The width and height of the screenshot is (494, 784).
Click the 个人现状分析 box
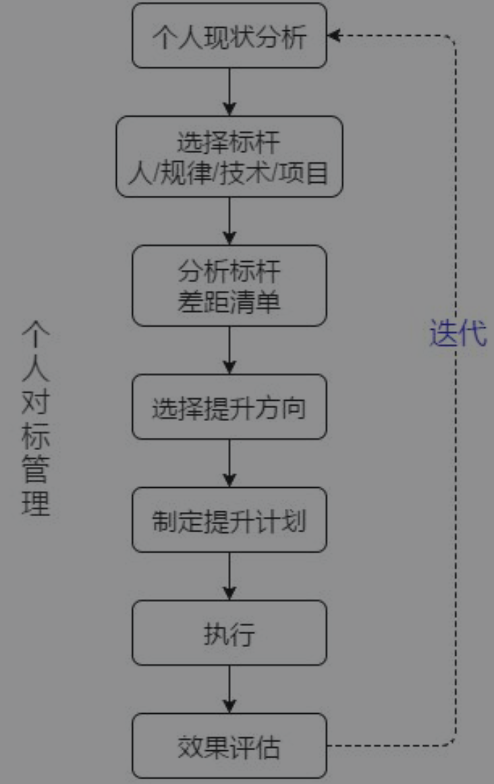coord(229,36)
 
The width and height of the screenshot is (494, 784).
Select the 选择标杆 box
coord(229,157)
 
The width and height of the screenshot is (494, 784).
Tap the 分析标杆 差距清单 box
coord(229,285)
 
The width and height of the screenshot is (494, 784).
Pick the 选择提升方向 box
coord(229,408)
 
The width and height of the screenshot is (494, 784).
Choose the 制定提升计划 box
coord(229,520)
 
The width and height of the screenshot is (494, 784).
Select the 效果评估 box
coord(229,746)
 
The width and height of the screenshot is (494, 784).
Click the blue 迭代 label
coord(458,333)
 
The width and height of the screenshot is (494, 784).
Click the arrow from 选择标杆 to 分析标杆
coord(229,221)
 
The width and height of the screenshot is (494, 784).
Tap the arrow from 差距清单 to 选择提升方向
coord(229,351)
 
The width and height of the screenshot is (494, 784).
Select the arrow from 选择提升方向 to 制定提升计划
coord(229,464)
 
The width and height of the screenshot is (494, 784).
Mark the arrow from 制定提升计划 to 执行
coord(229,577)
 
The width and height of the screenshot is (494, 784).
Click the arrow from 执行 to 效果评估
coord(229,690)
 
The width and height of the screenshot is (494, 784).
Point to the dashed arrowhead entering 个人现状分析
coord(333,36)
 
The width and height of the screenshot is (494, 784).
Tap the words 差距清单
coord(229,302)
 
